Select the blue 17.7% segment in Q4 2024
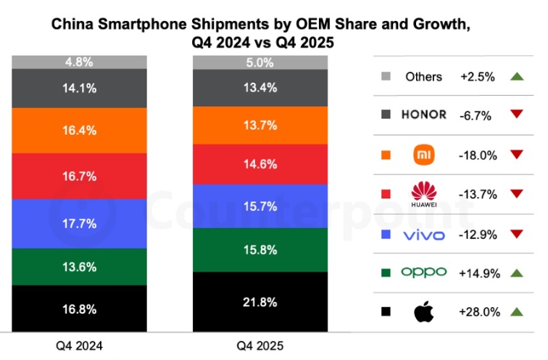(x=80, y=223)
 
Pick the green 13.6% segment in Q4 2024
(x=80, y=267)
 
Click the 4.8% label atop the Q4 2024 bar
(x=80, y=62)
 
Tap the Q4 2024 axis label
(x=80, y=346)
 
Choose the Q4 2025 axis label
(x=260, y=346)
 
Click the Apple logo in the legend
(x=423, y=311)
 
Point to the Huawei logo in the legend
(x=423, y=194)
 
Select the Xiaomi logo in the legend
(x=423, y=154)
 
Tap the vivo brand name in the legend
(x=423, y=233)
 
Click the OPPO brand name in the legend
(x=423, y=272)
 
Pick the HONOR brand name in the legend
(x=423, y=115)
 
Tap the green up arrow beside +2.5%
(x=516, y=76)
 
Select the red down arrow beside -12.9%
(x=516, y=233)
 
